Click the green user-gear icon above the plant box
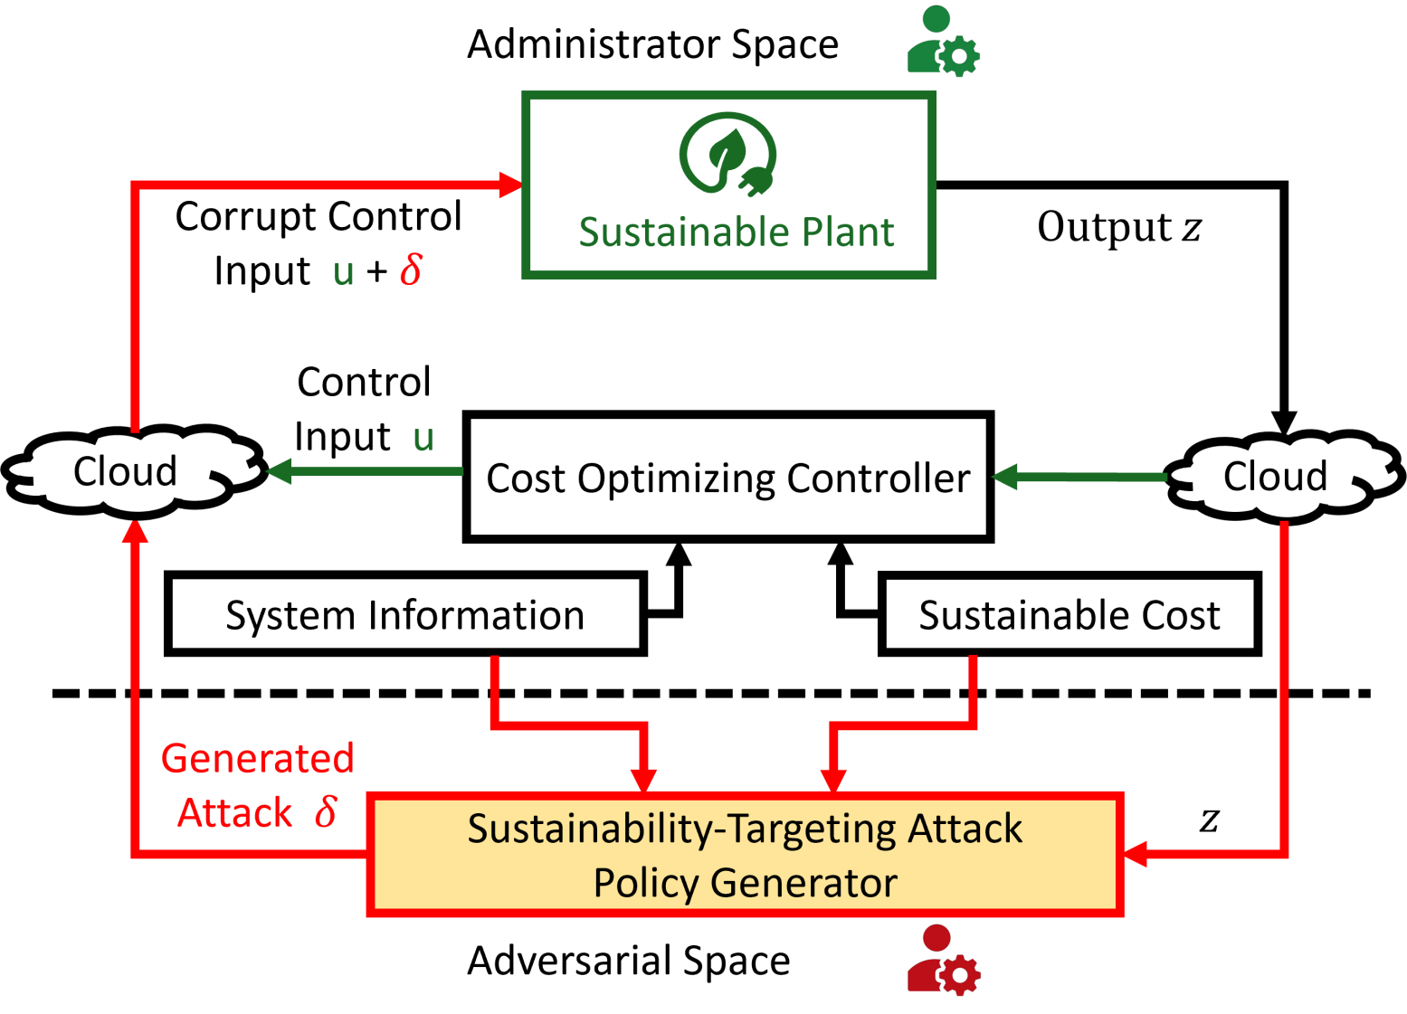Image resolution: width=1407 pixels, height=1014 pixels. click(944, 41)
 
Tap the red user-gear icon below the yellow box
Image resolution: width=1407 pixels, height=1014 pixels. click(944, 961)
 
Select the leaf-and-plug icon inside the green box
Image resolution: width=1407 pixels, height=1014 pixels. click(727, 155)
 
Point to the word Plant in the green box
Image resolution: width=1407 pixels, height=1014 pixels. click(848, 232)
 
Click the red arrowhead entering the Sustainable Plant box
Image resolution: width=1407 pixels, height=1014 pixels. click(511, 185)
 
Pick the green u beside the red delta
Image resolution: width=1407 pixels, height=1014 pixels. click(344, 272)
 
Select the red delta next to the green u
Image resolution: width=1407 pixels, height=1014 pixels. click(411, 270)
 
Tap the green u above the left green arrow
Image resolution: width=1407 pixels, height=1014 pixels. click(423, 439)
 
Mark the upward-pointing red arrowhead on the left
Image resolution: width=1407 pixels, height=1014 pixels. click(136, 532)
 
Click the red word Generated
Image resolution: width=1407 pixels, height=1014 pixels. click(257, 759)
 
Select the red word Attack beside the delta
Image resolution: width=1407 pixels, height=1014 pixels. click(235, 813)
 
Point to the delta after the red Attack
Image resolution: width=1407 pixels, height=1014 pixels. click(326, 811)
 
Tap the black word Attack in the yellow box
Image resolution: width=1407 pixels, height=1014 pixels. click(965, 829)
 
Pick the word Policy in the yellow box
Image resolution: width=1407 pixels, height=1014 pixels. click(645, 883)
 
